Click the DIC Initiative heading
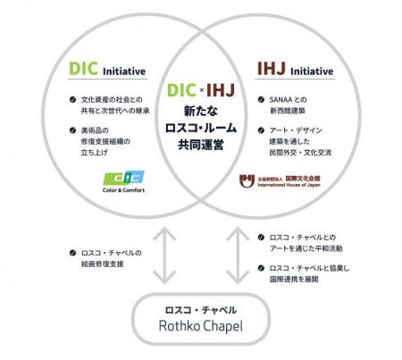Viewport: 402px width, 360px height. pyautogui.click(x=106, y=70)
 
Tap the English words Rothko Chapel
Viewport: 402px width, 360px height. pyautogui.click(x=201, y=326)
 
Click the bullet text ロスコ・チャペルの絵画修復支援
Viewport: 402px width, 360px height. pyautogui.click(x=106, y=256)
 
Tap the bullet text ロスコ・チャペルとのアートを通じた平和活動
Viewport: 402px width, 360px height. pyautogui.click(x=304, y=242)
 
